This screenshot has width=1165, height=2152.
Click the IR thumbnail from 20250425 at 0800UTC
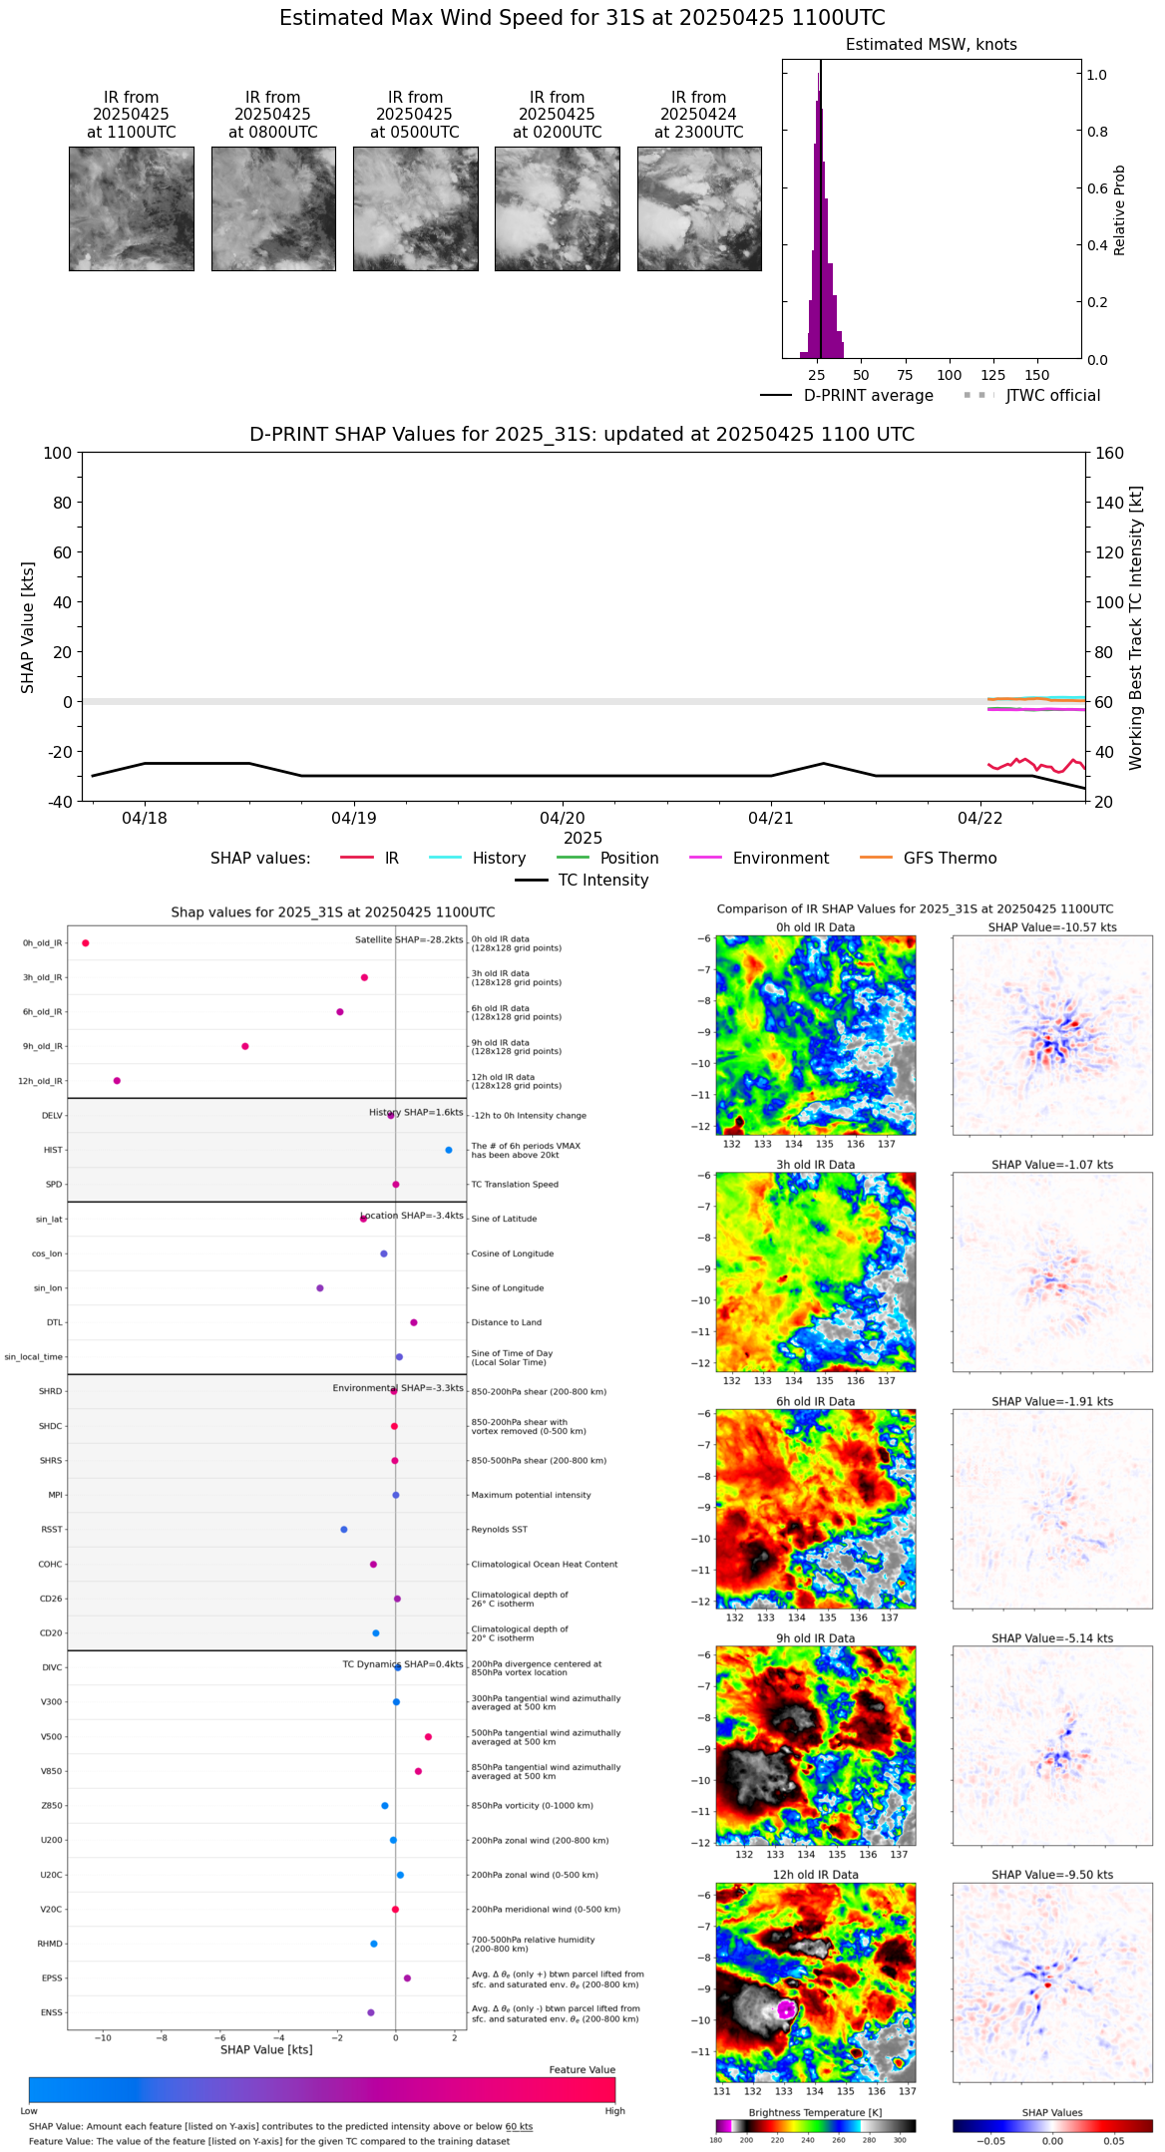point(273,208)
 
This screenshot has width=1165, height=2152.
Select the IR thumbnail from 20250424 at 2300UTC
point(699,208)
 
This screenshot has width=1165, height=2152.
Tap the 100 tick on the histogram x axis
point(949,375)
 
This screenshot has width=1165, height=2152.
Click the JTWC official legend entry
point(1052,396)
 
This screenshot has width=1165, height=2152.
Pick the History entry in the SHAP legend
point(499,859)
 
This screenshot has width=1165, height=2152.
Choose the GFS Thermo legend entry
point(950,859)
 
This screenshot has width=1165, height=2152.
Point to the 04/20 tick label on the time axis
point(563,819)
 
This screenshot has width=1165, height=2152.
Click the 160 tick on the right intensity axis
point(1109,453)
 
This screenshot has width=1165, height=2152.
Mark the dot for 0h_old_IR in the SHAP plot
point(86,943)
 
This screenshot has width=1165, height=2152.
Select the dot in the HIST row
point(449,1150)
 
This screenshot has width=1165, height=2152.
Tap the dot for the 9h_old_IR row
point(245,1046)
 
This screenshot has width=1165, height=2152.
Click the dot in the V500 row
point(428,1737)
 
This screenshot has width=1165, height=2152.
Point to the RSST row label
point(51,1530)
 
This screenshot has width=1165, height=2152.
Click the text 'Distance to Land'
point(506,1322)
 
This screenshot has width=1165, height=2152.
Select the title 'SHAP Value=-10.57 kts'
point(1052,927)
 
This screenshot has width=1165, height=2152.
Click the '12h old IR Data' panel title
point(815,1875)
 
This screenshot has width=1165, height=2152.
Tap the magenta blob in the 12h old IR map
point(786,2009)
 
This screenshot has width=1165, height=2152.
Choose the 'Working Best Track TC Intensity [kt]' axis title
point(1136,628)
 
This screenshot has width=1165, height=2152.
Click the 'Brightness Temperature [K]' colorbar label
point(815,2112)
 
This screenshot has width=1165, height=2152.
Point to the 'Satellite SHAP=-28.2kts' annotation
point(409,940)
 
